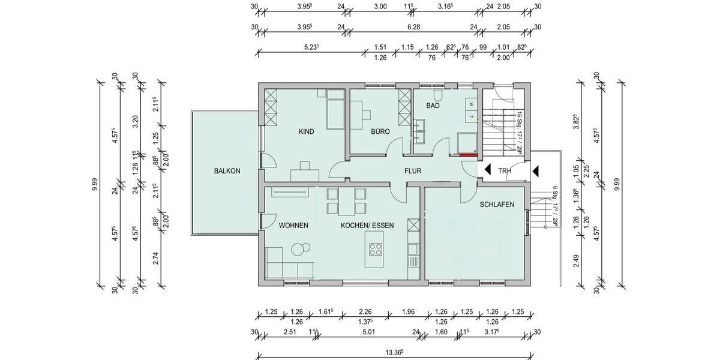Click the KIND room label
pos(307,131)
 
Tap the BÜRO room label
pos(381,131)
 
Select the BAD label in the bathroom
pos(433,106)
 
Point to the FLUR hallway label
pos(413,171)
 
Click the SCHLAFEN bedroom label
pos(497,205)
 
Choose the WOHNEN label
pos(293,226)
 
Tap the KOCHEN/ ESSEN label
pos(367,226)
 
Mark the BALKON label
pos(227,171)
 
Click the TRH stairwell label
pos(505,171)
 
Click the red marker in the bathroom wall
pos(469,155)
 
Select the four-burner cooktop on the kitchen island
pos(376,248)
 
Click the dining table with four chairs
pos(346,201)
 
